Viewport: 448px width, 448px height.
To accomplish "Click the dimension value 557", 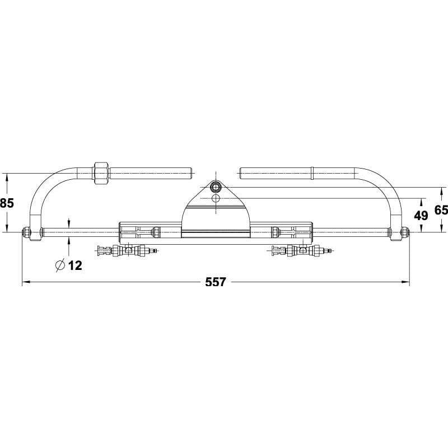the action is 216,282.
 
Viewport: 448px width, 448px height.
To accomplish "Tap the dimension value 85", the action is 7,203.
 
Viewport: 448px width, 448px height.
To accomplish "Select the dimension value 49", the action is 421,216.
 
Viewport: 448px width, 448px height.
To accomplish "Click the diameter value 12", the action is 76,265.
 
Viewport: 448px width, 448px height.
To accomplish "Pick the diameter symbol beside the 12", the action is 60,265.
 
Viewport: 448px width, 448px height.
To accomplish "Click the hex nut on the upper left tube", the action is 101,174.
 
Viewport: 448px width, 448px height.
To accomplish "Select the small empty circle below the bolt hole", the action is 216,198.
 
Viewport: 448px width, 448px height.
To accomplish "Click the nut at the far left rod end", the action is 26,232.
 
